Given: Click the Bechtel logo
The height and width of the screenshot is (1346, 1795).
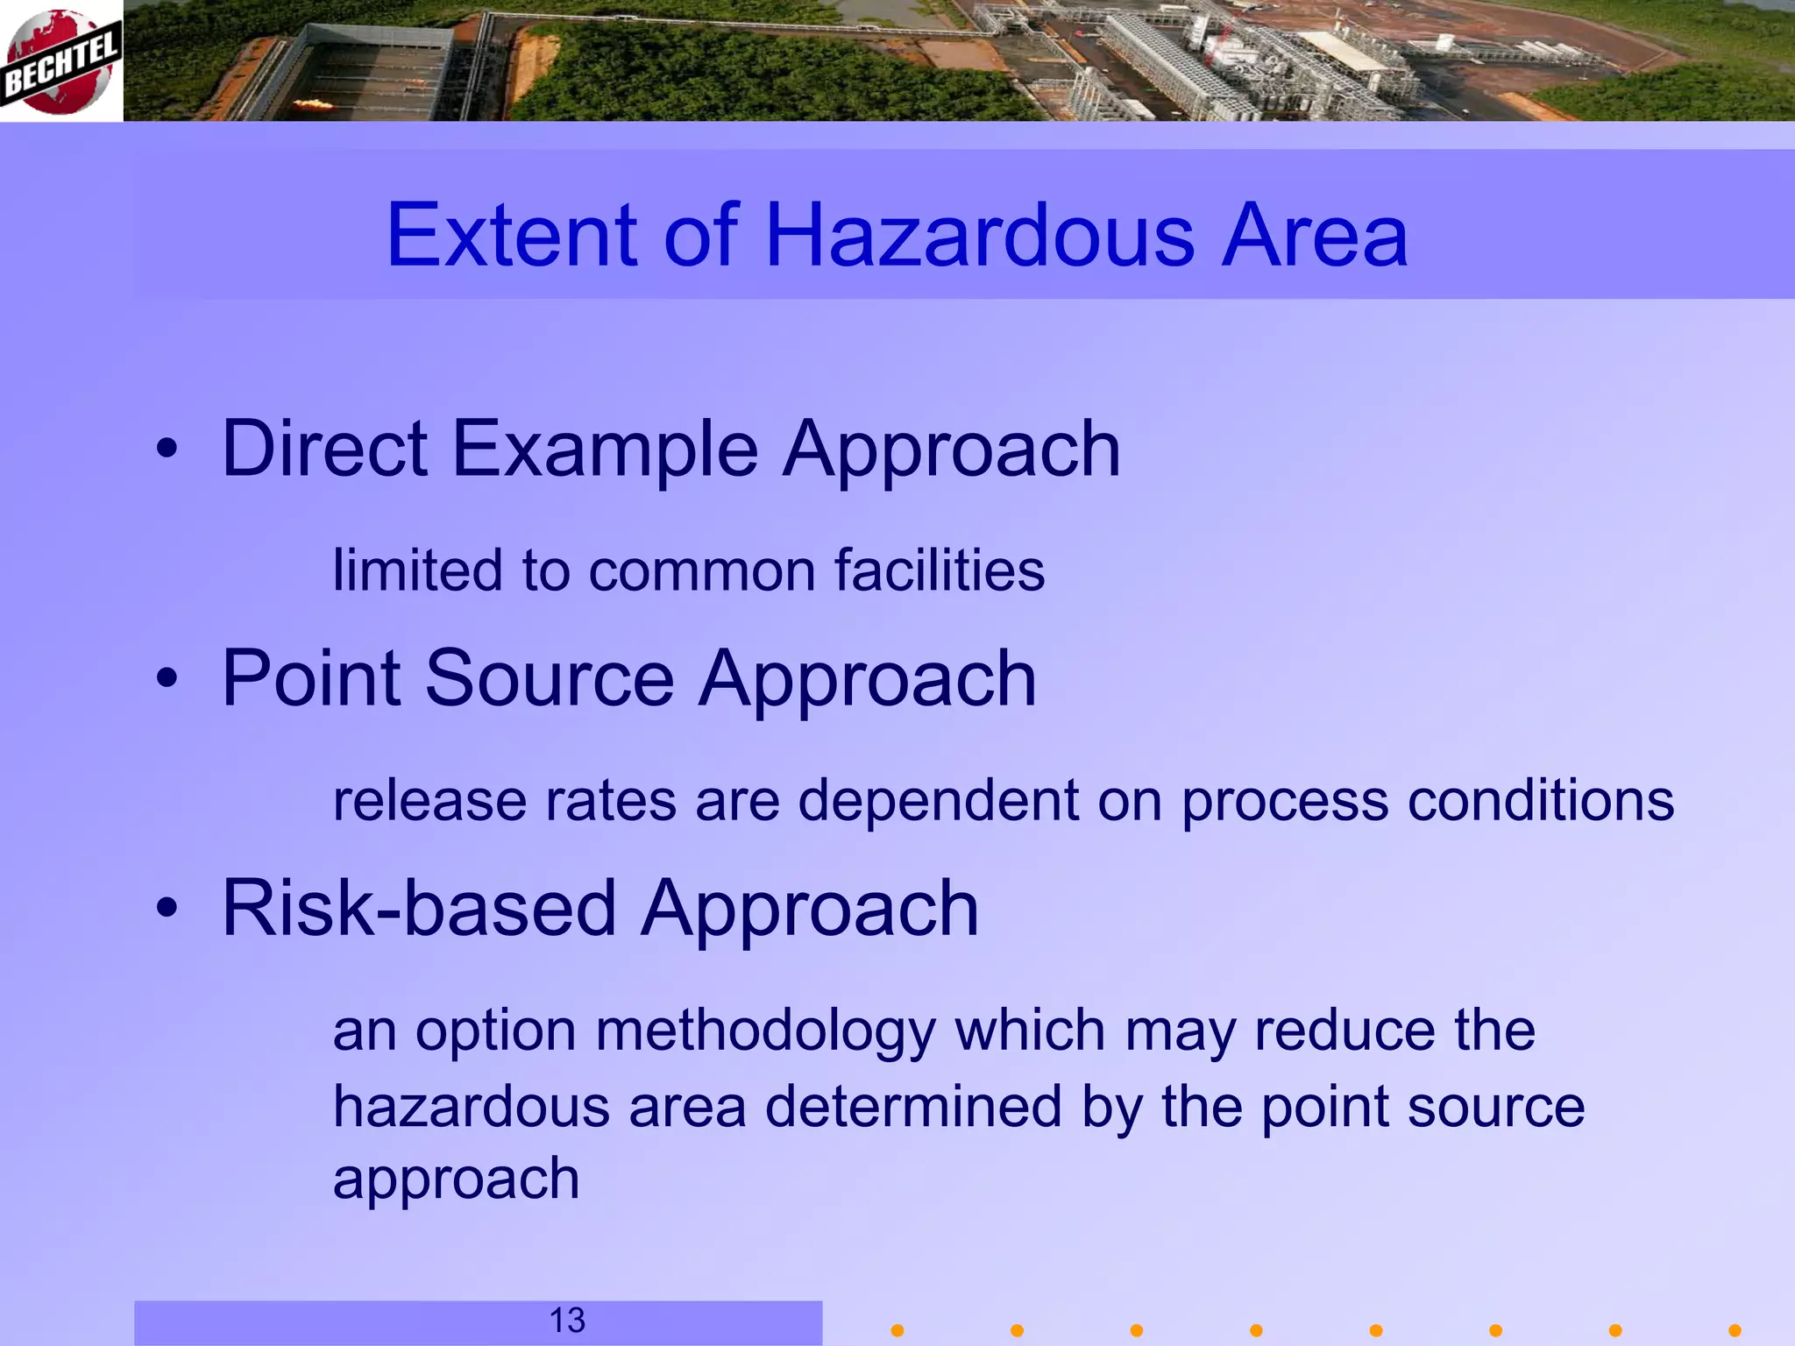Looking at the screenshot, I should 60,61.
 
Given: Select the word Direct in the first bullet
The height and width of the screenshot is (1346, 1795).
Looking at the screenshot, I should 324,449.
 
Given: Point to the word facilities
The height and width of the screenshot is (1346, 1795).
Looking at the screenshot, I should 939,570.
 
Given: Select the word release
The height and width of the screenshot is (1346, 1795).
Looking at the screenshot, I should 429,801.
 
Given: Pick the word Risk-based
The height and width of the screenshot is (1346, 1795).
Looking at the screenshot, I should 421,909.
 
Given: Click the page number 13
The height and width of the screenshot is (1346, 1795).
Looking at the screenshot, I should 567,1321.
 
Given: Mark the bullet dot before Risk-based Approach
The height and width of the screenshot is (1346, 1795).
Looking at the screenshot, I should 167,909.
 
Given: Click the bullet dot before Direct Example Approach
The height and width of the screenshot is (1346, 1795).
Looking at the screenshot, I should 167,450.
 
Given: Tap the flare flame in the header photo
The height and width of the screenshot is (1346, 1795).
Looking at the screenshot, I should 312,105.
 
